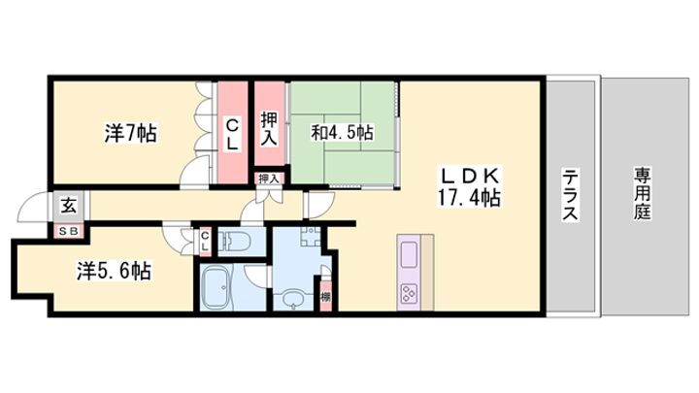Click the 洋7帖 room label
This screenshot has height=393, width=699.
pyautogui.click(x=131, y=133)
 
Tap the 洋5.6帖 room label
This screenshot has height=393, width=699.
pyautogui.click(x=115, y=271)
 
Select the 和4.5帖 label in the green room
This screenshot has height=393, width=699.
pyautogui.click(x=342, y=132)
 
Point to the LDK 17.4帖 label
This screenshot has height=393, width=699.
pyautogui.click(x=469, y=187)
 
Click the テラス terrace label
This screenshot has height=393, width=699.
pyautogui.click(x=570, y=194)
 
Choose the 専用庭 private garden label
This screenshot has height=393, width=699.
pyautogui.click(x=643, y=194)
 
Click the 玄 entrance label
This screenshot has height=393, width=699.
pyautogui.click(x=68, y=206)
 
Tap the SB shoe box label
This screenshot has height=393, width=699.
pyautogui.click(x=69, y=231)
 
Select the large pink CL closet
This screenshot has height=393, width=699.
pyautogui.click(x=232, y=132)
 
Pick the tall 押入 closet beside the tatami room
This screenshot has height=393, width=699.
pyautogui.click(x=269, y=124)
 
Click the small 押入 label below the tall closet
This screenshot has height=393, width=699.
pyautogui.click(x=269, y=179)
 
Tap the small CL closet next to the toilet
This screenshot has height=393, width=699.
pyautogui.click(x=205, y=241)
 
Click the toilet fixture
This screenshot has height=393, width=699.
pyautogui.click(x=236, y=241)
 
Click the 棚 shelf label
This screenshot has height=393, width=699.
pyautogui.click(x=326, y=297)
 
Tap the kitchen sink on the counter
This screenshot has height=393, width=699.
pyautogui.click(x=410, y=255)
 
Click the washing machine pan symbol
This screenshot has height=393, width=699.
pyautogui.click(x=311, y=237)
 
